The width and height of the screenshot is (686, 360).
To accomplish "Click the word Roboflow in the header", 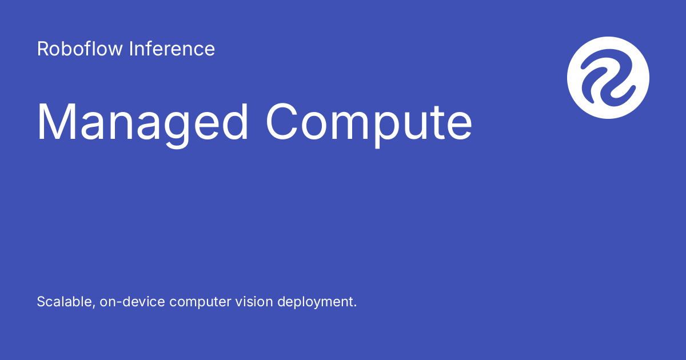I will point(80,49).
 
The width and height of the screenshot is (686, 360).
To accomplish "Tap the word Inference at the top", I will point(172,49).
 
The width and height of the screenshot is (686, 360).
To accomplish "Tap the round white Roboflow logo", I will point(608,77).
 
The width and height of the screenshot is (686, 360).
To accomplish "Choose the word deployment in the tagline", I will point(314,302).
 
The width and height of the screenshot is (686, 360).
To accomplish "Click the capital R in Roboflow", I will point(42,49).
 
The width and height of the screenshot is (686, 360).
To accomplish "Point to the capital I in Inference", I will point(131,49).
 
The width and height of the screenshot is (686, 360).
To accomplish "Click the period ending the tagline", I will point(354,306).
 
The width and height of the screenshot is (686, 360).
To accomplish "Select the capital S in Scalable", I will point(41,302).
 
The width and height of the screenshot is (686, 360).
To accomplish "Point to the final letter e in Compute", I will point(458,125).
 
